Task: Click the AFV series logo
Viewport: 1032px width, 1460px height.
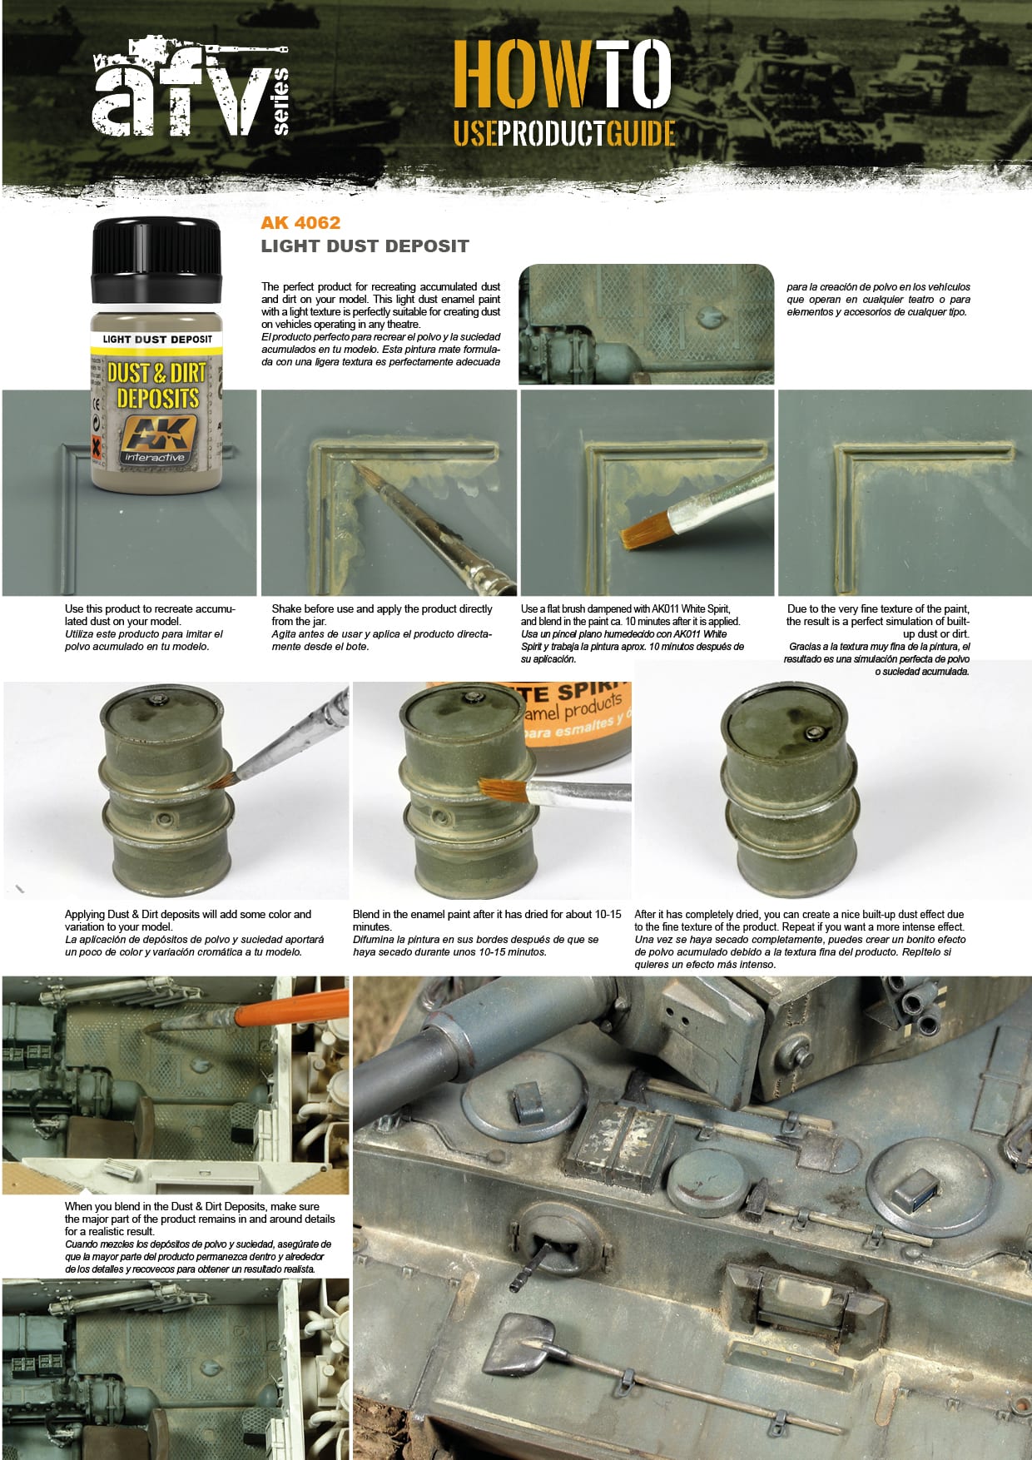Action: coord(190,90)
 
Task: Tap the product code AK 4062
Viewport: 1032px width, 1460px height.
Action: coord(300,222)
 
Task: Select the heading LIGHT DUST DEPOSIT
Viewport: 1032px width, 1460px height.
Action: coord(365,246)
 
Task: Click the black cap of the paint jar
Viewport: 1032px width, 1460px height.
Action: coord(156,260)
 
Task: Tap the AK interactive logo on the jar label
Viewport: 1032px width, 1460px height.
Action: coord(156,439)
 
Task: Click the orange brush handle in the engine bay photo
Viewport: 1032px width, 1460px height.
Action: coord(291,1010)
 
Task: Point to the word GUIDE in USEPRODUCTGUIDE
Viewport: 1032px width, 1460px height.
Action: coord(640,133)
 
